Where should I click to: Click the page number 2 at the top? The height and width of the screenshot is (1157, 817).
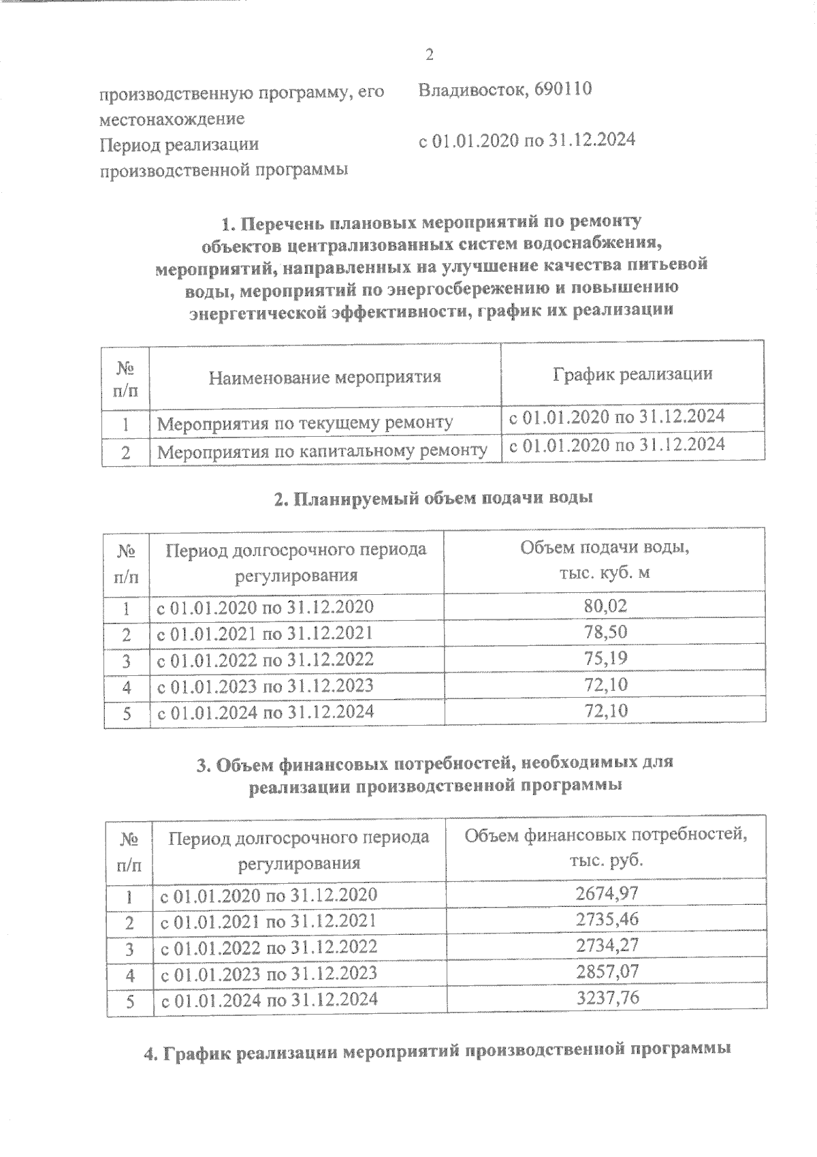(429, 55)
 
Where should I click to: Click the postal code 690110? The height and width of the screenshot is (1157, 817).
(563, 89)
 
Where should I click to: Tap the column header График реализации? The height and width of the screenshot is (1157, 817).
(632, 373)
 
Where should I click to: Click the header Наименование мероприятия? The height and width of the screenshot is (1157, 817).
(325, 377)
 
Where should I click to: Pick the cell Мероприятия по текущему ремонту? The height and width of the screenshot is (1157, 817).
(304, 423)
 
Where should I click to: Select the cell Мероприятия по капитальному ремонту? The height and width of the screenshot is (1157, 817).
(322, 450)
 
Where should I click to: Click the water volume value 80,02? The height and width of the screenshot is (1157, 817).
(605, 606)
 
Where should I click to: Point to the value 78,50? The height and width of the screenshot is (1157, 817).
(605, 632)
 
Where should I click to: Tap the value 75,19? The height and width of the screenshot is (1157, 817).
(605, 658)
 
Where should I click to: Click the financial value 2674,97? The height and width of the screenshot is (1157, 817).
(607, 893)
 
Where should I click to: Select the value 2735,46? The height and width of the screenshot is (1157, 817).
(607, 919)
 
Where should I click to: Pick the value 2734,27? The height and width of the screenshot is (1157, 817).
(607, 946)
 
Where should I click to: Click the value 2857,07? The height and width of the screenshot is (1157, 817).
(607, 972)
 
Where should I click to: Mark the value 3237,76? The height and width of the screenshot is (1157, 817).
(607, 998)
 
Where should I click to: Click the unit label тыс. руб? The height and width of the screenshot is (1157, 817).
(607, 860)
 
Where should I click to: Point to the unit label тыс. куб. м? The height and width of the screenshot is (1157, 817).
(605, 572)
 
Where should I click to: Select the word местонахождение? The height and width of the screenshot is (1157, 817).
(172, 119)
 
